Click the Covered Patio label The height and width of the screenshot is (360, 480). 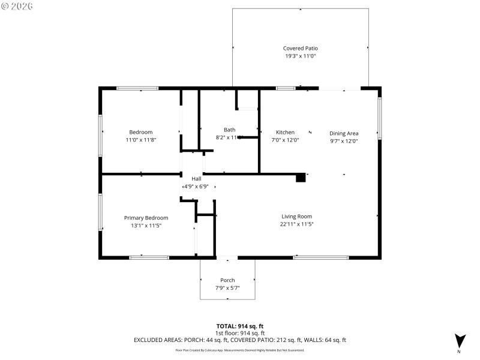300,48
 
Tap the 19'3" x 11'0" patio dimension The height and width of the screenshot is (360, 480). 300,56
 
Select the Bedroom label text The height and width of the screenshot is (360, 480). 141,132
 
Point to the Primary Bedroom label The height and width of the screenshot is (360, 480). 146,218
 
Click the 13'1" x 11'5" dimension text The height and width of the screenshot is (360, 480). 146,226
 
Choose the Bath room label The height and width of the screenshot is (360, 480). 229,130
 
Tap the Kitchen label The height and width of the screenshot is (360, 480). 285,132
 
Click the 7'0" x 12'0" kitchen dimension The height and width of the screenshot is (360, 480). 285,140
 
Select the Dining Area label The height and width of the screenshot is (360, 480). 344,133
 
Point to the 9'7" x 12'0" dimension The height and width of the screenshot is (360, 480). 344,140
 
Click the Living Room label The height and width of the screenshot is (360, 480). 297,216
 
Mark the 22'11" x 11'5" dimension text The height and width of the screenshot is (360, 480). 297,224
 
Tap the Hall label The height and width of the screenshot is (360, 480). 196,179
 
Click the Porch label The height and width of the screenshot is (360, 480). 227,280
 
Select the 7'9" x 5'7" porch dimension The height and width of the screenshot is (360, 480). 227,288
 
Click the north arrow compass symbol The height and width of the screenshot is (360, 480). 459,340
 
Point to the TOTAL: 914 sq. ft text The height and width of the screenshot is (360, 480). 240,326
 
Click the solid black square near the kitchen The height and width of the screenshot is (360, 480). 301,178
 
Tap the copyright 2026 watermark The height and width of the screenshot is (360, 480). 17,5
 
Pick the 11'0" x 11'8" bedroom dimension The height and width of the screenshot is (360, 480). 141,140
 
